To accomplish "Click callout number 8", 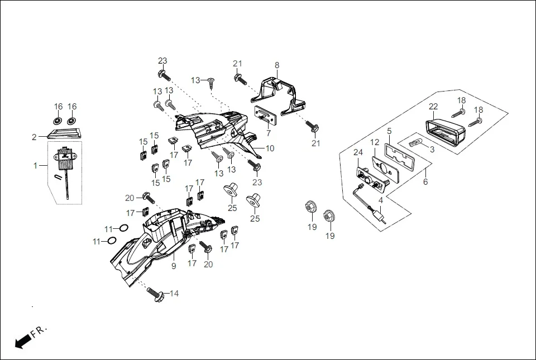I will (277, 65).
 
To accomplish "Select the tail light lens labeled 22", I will (445, 135).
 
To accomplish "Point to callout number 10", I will (270, 148).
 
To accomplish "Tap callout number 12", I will (375, 142).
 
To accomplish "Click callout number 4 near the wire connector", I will (381, 200).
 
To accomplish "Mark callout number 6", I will (425, 181).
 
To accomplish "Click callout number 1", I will (36, 166).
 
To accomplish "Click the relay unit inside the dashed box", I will (66, 157).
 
